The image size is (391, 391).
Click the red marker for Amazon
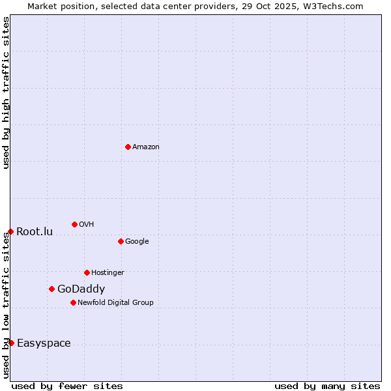[x=128, y=147]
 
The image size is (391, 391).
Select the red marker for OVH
[x=74, y=224]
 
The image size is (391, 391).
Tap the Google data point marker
[x=121, y=241]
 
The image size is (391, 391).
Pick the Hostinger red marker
[x=87, y=272]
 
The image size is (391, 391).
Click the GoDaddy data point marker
[x=51, y=289]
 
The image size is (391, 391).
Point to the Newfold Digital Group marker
[x=73, y=302]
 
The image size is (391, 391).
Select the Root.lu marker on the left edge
[x=10, y=231]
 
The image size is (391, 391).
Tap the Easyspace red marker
[x=11, y=343]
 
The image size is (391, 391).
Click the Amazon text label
[x=146, y=147]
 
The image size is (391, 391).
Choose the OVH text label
[x=87, y=224]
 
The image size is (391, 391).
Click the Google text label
[x=137, y=241]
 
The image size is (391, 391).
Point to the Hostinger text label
[x=108, y=272]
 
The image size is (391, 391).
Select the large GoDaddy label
[x=81, y=289]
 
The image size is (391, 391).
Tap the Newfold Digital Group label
[x=115, y=302]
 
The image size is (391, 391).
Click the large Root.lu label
[x=35, y=231]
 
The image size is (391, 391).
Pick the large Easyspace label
[x=44, y=343]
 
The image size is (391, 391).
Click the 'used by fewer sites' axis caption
[x=67, y=386]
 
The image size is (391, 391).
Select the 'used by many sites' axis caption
[x=327, y=386]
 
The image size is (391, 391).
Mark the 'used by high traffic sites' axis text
[x=6, y=93]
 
